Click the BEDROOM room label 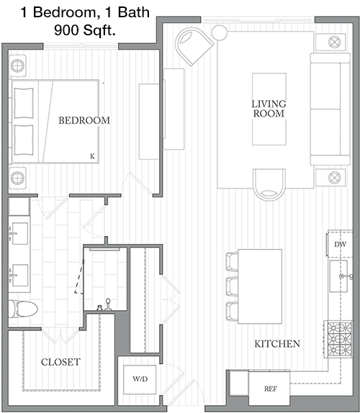pos(84,120)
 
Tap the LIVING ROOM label pos(269,109)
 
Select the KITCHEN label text pos(277,344)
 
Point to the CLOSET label pos(60,362)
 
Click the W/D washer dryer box pos(140,379)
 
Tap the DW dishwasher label pos(340,245)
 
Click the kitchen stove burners pos(339,339)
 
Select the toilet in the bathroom pos(22,309)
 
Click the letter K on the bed pos(92,156)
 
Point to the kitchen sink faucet pos(346,276)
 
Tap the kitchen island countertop pos(260,286)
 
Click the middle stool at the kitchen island pos(232,286)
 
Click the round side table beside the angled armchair pos(220,32)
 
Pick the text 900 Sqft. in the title pos(85,30)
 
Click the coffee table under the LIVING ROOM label pos(269,109)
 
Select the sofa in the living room pos(330,109)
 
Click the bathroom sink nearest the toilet pos(19,276)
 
